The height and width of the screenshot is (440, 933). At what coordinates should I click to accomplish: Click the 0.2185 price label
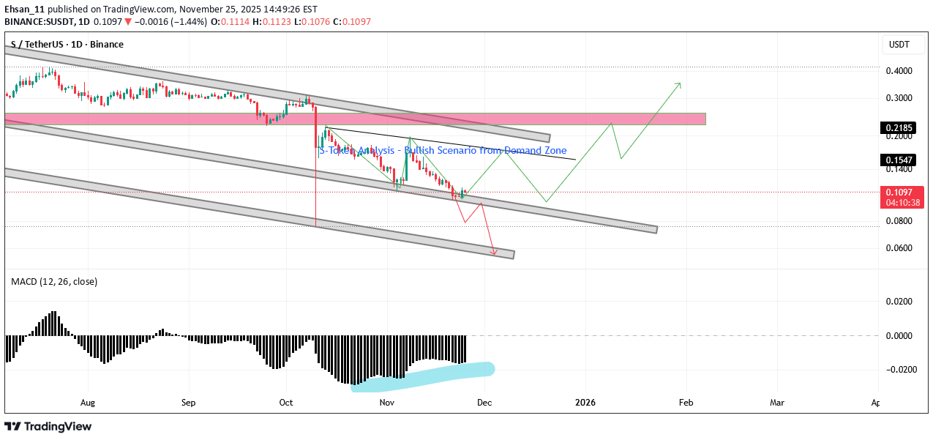(x=896, y=127)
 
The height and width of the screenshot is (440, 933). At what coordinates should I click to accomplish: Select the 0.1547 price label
(x=896, y=160)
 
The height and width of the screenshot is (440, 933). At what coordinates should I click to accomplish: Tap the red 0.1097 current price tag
(x=896, y=191)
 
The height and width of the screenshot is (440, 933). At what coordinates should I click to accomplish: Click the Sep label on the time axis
(x=189, y=402)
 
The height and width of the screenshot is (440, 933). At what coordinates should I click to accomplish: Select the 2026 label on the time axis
(x=585, y=402)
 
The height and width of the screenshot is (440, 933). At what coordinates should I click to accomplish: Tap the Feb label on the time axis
(x=686, y=402)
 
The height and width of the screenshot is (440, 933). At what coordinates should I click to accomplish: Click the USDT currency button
(x=899, y=45)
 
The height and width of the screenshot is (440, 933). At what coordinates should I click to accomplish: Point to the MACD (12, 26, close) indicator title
(x=54, y=281)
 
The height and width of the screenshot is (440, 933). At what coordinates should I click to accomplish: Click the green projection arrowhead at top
(x=678, y=85)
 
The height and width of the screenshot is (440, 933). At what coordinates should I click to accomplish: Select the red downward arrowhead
(x=494, y=253)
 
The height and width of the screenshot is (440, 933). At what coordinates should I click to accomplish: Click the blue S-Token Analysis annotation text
(x=443, y=150)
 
